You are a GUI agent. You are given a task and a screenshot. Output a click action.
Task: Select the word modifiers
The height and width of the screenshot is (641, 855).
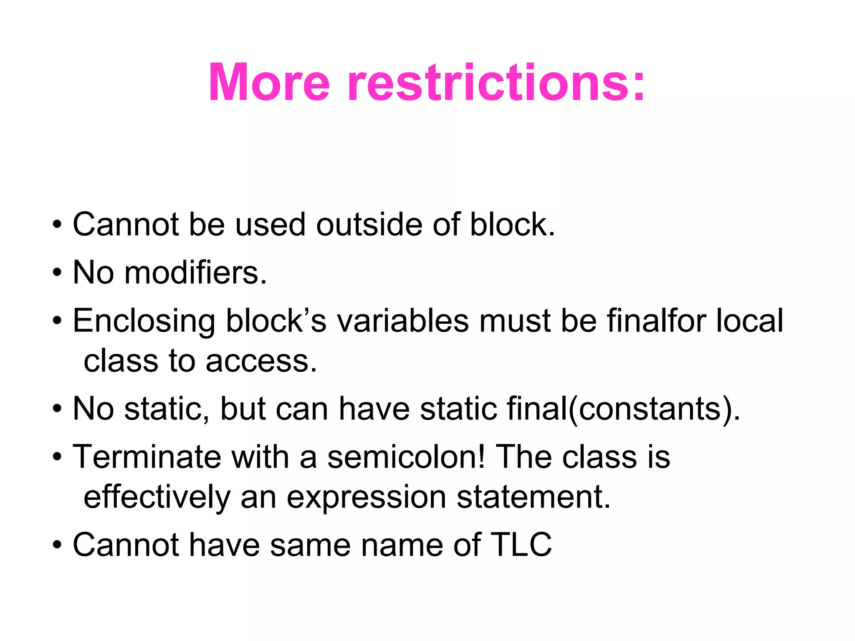point(195,273)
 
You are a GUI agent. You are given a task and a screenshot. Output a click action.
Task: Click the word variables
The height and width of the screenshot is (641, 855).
point(403,320)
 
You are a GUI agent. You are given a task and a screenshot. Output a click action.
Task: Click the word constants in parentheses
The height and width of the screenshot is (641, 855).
point(650,409)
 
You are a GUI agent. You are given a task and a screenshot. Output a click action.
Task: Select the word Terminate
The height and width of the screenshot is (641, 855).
point(147,457)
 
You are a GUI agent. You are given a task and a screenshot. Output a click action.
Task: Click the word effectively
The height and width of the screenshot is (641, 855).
point(157,497)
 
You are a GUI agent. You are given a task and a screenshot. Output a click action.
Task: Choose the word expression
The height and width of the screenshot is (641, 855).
point(367,497)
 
